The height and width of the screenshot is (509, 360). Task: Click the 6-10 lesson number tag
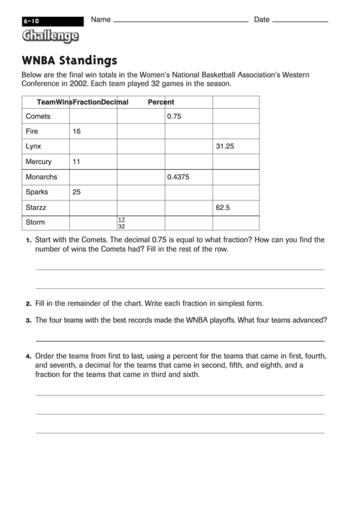31,21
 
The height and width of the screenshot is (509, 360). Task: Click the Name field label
101,20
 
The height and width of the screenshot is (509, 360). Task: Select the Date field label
262,20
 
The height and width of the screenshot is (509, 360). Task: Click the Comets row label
38,116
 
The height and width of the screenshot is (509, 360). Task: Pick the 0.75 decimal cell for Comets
175,116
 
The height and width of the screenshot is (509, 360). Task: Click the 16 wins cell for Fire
77,131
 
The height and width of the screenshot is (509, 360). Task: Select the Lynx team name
33,146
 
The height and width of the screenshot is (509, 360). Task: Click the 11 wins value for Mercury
76,162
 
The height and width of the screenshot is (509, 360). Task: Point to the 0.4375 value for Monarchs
179,177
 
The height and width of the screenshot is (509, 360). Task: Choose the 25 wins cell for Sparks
77,192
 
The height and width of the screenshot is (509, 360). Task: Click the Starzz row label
36,207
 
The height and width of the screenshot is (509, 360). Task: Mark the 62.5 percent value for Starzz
223,207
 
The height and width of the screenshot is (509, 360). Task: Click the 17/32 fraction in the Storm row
122,223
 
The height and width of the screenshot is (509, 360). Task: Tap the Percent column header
161,102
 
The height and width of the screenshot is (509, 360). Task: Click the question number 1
29,241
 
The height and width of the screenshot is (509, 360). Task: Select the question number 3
29,320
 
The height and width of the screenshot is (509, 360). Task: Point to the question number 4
29,357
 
